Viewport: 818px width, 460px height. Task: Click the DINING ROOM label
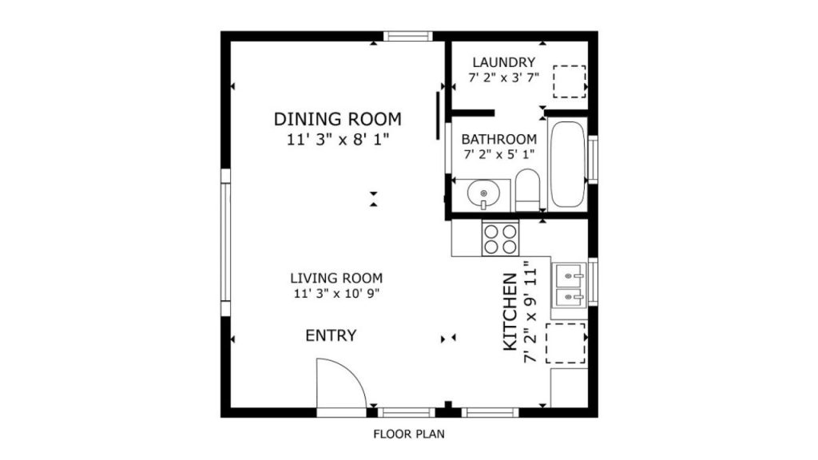(338, 120)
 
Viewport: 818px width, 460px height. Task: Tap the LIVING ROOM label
(336, 278)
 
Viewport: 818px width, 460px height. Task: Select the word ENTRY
(331, 335)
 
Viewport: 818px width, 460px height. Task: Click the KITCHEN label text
(510, 312)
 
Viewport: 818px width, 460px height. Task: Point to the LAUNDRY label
(504, 62)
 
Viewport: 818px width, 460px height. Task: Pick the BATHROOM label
(498, 139)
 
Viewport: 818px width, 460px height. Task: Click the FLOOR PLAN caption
(409, 434)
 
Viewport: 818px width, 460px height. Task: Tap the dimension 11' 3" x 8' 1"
(338, 140)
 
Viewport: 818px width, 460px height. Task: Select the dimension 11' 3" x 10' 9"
(336, 294)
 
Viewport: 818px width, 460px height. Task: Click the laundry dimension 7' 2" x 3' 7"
(504, 77)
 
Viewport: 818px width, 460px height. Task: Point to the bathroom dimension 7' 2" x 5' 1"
(498, 154)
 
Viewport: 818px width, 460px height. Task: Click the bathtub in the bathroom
(567, 164)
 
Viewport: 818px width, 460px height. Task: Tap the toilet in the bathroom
(527, 190)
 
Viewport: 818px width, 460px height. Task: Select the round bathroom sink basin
(483, 193)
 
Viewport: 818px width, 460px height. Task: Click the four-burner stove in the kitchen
(500, 238)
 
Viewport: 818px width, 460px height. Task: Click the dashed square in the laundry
(569, 81)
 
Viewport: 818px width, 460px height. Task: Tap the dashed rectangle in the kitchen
(566, 343)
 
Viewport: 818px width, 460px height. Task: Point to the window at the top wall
(408, 36)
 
